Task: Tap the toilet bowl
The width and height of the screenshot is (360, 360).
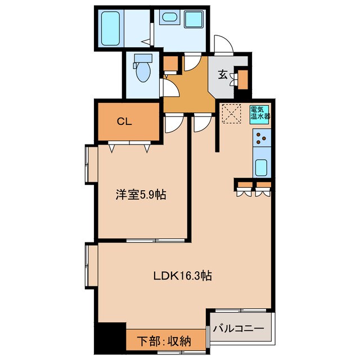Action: pos(143,71)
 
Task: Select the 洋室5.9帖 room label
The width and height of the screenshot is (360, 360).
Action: pos(141,195)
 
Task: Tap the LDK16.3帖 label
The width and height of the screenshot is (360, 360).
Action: pos(183,276)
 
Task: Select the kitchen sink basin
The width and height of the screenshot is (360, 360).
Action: pos(262,167)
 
